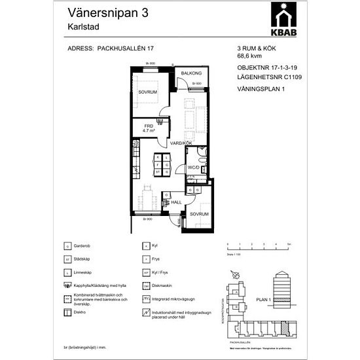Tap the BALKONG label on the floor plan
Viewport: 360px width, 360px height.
[x=191, y=74]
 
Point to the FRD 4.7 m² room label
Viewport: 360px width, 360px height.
[x=143, y=128]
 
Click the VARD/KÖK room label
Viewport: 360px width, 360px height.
[x=181, y=143]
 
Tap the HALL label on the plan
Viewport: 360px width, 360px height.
[x=176, y=203]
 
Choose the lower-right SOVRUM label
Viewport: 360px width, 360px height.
[x=199, y=214]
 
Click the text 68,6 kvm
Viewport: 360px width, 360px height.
[x=250, y=57]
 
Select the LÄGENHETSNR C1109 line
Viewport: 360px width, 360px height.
[x=269, y=76]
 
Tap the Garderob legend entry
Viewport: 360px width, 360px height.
[x=84, y=245]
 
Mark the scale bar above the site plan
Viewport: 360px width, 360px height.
[x=253, y=246]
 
